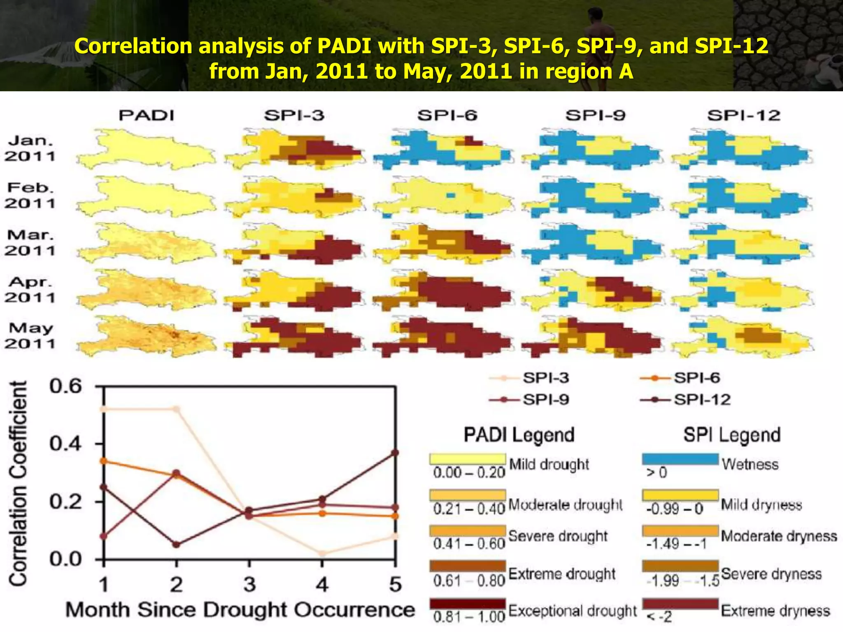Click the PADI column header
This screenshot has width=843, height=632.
pyautogui.click(x=147, y=115)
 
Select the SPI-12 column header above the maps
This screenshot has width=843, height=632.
pyautogui.click(x=743, y=115)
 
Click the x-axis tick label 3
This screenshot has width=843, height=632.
pyautogui.click(x=249, y=584)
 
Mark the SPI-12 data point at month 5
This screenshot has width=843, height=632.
pyautogui.click(x=395, y=453)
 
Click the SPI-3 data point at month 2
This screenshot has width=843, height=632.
pyautogui.click(x=176, y=409)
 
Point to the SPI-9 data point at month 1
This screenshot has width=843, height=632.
pyautogui.click(x=103, y=536)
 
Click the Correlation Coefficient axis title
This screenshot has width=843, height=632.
pyautogui.click(x=18, y=483)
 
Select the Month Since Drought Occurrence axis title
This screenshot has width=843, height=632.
pyautogui.click(x=240, y=610)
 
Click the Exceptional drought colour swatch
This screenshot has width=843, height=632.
pyautogui.click(x=468, y=604)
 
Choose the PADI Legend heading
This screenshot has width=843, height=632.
pyautogui.click(x=519, y=435)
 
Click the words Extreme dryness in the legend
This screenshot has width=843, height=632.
pyautogui.click(x=775, y=611)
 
